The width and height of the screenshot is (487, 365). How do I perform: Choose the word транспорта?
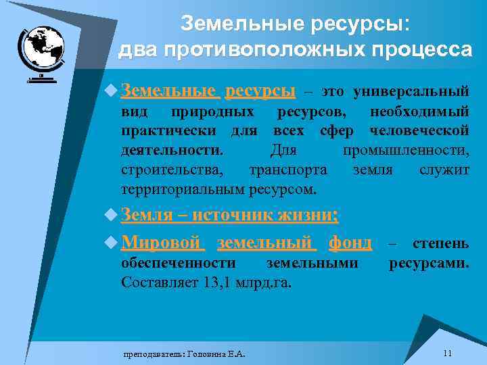tap(289, 169)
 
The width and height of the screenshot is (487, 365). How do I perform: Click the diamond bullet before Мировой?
tap(112, 242)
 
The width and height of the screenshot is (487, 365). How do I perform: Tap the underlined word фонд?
tap(350, 241)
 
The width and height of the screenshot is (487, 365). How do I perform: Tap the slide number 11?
tap(447, 354)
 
